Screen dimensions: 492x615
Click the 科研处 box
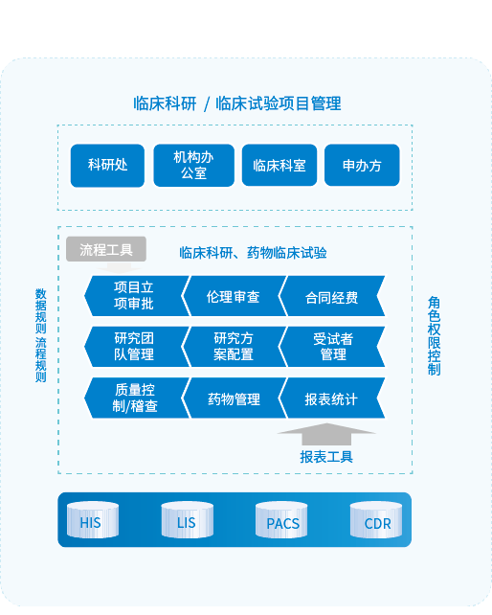[x=107, y=166]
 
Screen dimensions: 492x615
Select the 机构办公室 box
[x=193, y=166]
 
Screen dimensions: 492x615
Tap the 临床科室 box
[x=280, y=165]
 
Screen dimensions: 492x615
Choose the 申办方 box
[x=362, y=165]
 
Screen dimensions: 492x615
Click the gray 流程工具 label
[x=106, y=249]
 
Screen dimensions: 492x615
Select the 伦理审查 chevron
[x=234, y=296]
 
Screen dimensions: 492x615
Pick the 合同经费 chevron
[x=331, y=296]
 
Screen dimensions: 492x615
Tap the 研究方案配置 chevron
[x=234, y=347]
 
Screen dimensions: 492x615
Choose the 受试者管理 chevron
[x=331, y=347]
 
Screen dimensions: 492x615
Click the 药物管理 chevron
[x=234, y=398]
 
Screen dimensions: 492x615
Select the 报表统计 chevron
[x=331, y=398]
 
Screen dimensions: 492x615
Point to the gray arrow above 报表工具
[x=326, y=434]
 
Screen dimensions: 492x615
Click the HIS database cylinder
[x=93, y=519]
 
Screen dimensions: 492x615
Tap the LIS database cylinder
[x=187, y=519]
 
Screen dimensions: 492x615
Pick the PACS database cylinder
[x=281, y=519]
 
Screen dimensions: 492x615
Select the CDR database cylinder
[x=376, y=519]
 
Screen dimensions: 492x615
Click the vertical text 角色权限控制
[x=434, y=335]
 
